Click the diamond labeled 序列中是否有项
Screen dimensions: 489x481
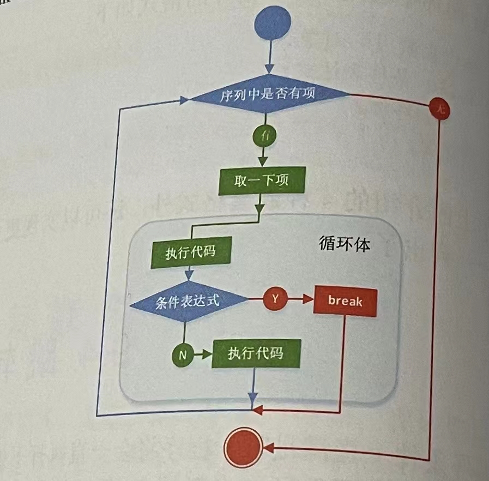(268, 96)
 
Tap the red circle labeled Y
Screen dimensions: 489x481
(275, 299)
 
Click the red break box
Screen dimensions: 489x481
(345, 301)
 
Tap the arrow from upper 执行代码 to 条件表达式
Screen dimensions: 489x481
(189, 274)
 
